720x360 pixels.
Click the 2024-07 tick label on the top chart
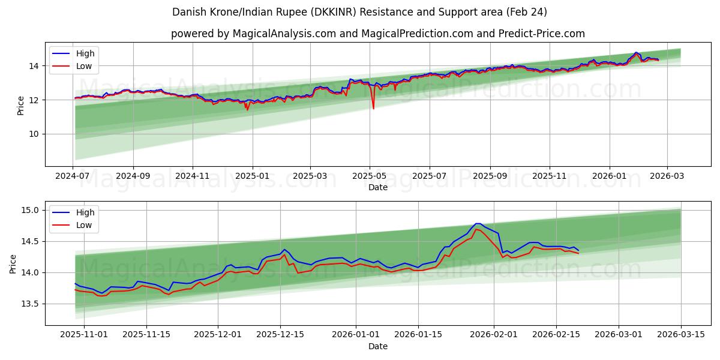point(73,176)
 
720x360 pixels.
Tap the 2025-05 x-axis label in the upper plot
point(370,176)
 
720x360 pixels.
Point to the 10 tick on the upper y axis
point(34,134)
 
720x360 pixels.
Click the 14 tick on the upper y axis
point(34,66)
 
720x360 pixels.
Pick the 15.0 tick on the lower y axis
point(30,210)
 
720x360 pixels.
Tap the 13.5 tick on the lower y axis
point(30,304)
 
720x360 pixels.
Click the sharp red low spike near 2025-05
point(373,108)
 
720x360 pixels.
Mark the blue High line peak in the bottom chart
point(478,223)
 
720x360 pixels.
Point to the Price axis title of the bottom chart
point(13,263)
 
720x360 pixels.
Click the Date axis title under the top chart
point(378,187)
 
